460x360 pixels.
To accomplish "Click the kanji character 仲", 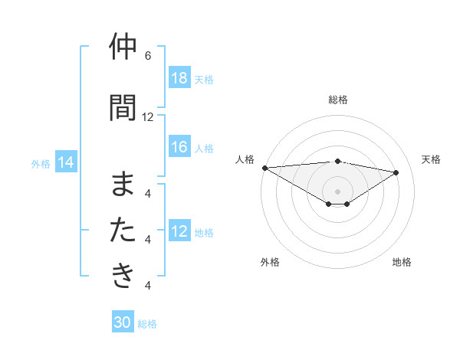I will (123, 47).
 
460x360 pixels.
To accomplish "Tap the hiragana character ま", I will (123, 185).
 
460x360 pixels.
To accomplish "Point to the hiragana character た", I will (123, 230).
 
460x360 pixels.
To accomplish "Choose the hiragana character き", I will (123, 275).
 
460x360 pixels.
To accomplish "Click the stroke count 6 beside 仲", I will (148, 56).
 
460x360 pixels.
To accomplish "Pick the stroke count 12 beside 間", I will (148, 116).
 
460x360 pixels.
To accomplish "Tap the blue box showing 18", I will (179, 78).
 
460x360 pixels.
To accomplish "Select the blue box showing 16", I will (179, 147).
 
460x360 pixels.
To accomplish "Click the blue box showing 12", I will (179, 231).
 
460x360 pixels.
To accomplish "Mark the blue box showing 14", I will (66, 162).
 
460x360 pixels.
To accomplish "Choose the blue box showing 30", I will (123, 322).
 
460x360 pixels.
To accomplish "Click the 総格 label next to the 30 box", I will (147, 324).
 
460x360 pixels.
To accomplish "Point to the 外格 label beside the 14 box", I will (41, 163).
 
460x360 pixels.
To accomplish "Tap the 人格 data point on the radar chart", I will (264, 167).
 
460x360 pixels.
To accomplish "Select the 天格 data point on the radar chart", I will (396, 172).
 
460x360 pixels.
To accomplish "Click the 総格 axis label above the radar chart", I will (338, 100).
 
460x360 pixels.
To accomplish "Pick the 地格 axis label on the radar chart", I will (402, 262).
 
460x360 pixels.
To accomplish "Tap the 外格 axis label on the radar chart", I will (270, 262).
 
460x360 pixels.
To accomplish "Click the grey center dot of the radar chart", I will (337, 191).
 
